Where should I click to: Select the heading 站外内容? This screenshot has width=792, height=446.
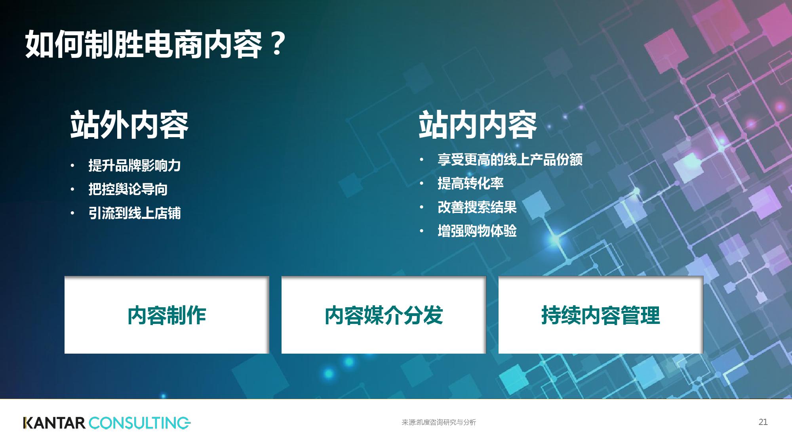click(129, 125)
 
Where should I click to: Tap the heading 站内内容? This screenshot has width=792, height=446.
click(478, 125)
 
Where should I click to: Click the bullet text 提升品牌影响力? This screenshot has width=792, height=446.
click(135, 165)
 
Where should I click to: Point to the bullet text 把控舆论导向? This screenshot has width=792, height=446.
click(128, 189)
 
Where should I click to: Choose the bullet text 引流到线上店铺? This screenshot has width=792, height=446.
click(135, 213)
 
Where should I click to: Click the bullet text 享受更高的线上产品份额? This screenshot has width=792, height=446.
click(510, 159)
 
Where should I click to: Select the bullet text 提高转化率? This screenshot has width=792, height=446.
click(470, 183)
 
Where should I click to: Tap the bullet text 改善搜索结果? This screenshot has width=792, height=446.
click(477, 207)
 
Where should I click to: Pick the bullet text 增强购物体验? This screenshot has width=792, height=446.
click(477, 231)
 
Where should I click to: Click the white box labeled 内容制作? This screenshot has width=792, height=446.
click(167, 315)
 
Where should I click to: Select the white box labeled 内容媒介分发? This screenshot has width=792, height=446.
click(384, 315)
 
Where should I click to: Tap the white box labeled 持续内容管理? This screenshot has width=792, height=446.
click(601, 315)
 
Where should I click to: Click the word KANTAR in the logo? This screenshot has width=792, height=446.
click(54, 423)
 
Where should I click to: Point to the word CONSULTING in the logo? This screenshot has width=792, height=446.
click(140, 423)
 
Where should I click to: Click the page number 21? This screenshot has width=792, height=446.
click(763, 422)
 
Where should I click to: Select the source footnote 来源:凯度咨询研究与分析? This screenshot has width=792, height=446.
click(439, 422)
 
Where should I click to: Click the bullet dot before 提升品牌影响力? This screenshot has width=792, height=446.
click(72, 166)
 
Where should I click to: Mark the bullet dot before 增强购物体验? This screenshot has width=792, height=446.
click(422, 231)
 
